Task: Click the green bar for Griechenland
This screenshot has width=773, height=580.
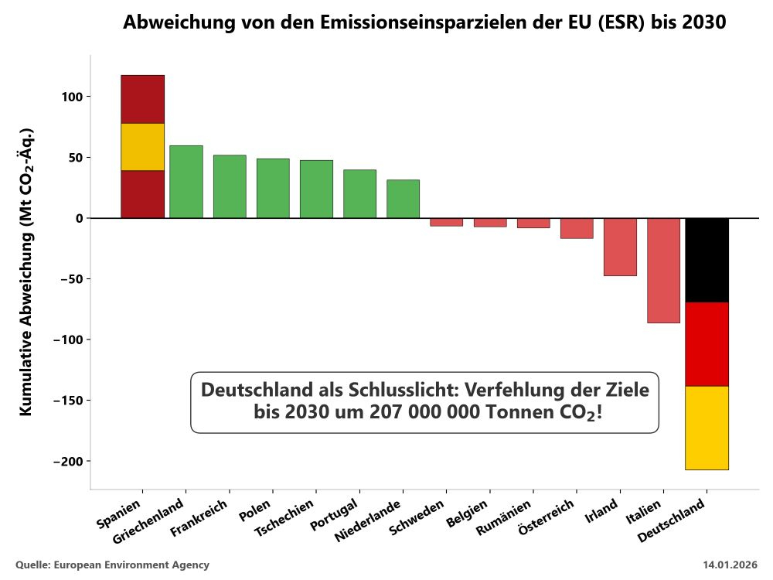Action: tap(186, 182)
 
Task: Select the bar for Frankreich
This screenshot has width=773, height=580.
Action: tap(230, 186)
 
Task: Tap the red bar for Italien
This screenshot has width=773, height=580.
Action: tap(663, 270)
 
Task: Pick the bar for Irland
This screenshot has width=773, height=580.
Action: tap(620, 247)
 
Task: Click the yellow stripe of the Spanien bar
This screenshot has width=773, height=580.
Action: tap(142, 146)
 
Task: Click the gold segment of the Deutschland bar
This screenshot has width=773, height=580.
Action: tap(707, 428)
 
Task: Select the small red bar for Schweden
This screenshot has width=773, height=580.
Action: tap(446, 222)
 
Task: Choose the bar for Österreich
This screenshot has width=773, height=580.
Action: tap(577, 228)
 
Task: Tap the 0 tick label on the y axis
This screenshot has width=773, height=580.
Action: tap(78, 218)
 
